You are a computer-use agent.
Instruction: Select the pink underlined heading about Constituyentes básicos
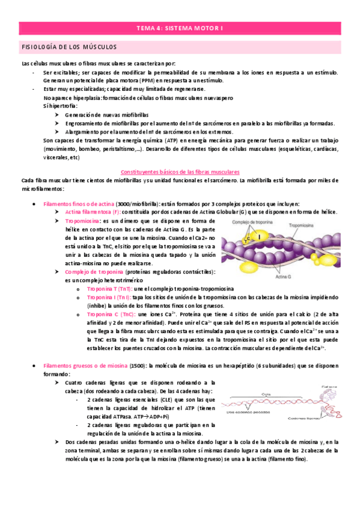point(180,171)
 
